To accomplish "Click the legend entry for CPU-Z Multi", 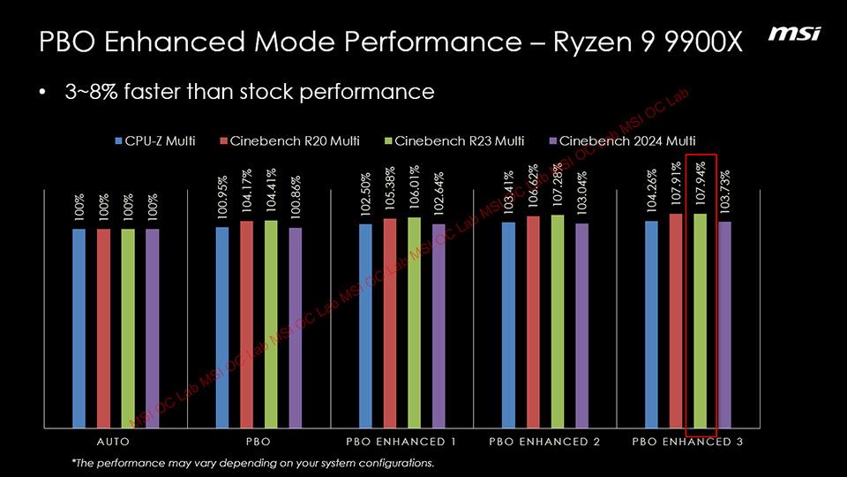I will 154,140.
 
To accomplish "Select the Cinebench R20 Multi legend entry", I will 282,140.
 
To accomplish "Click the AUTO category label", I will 116,442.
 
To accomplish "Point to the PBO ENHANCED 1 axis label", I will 401,442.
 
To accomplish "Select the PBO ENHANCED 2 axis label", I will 544,442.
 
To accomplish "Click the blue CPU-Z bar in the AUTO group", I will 79,327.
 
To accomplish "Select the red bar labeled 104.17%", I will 247,323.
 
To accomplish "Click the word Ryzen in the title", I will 592,42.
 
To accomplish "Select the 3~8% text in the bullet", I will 92,92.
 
